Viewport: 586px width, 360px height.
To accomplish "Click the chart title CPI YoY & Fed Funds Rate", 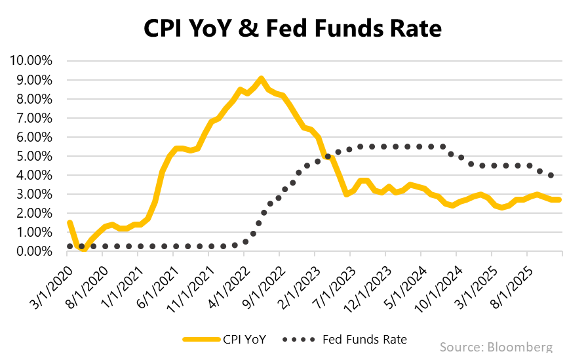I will point(292,28).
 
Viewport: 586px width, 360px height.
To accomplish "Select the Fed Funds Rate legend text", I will point(365,339).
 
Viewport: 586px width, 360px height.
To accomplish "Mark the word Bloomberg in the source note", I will point(520,347).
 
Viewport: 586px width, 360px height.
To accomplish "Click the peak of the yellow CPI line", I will point(262,79).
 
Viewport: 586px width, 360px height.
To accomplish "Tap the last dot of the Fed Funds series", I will point(551,175).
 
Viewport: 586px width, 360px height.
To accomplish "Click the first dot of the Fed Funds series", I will point(69,247).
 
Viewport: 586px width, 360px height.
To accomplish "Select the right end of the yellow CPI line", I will point(559,200).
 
